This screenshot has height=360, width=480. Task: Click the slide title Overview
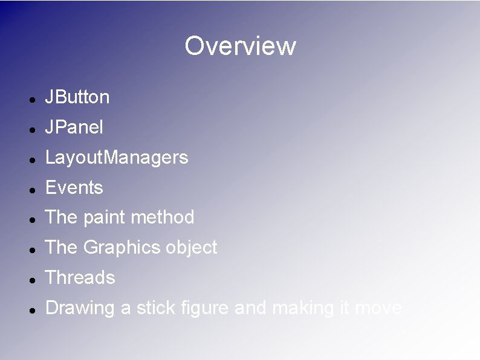(x=240, y=46)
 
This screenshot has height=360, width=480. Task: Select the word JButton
(x=77, y=97)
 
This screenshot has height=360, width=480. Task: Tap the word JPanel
(x=74, y=127)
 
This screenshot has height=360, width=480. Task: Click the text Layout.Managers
(x=117, y=158)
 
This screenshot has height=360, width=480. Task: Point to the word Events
(x=74, y=188)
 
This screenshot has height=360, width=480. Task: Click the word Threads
(x=80, y=278)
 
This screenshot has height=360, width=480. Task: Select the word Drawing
(x=80, y=308)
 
